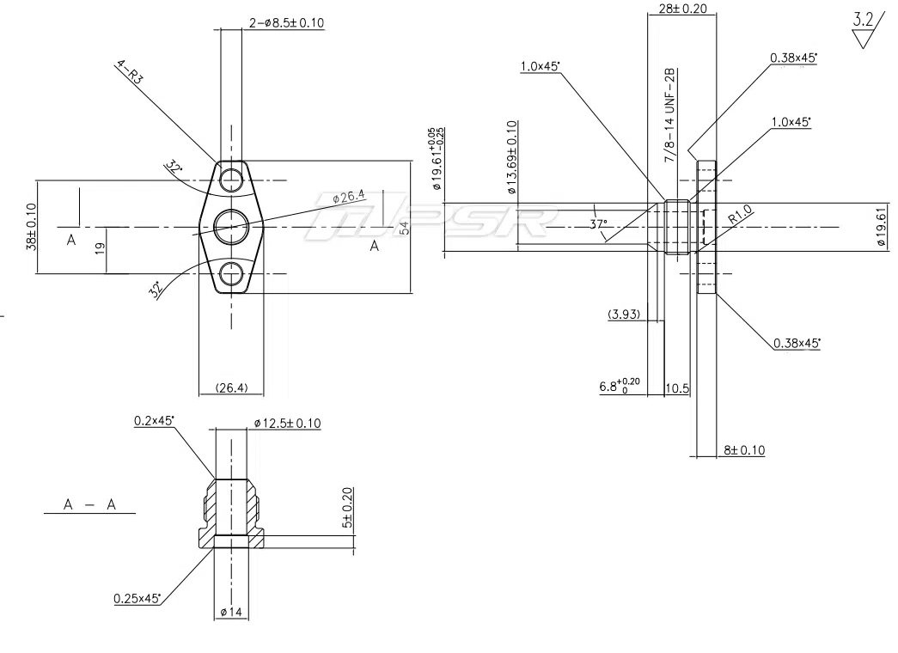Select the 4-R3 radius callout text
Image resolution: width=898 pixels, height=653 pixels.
click(x=130, y=71)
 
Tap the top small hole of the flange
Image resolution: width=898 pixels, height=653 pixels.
click(x=231, y=180)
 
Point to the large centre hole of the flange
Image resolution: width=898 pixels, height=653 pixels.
click(x=232, y=226)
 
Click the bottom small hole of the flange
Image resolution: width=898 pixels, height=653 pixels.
click(x=231, y=274)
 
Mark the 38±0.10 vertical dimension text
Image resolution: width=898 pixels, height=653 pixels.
click(x=31, y=227)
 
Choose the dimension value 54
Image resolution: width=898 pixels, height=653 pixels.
click(x=403, y=227)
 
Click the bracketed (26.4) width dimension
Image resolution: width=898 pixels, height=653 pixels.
click(x=231, y=388)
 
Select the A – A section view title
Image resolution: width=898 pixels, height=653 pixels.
click(x=89, y=505)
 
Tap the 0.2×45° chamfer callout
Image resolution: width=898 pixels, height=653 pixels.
click(x=155, y=420)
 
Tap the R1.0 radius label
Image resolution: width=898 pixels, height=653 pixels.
click(x=741, y=215)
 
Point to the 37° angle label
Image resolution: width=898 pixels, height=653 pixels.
click(x=600, y=225)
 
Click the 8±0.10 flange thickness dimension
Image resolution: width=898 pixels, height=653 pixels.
click(x=743, y=450)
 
